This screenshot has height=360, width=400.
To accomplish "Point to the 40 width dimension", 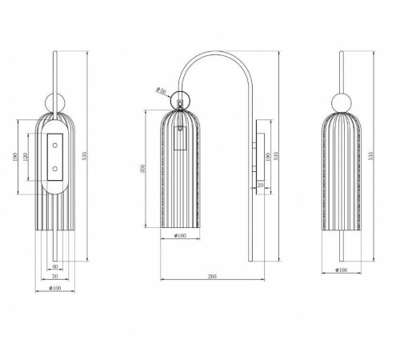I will (x=54, y=266).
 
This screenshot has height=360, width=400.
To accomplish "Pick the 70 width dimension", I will (x=54, y=276).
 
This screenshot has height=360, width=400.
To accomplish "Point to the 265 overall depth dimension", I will (x=210, y=276).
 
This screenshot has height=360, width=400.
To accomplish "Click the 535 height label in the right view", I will (x=370, y=154).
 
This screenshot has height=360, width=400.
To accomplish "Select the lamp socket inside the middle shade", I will (x=181, y=143).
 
